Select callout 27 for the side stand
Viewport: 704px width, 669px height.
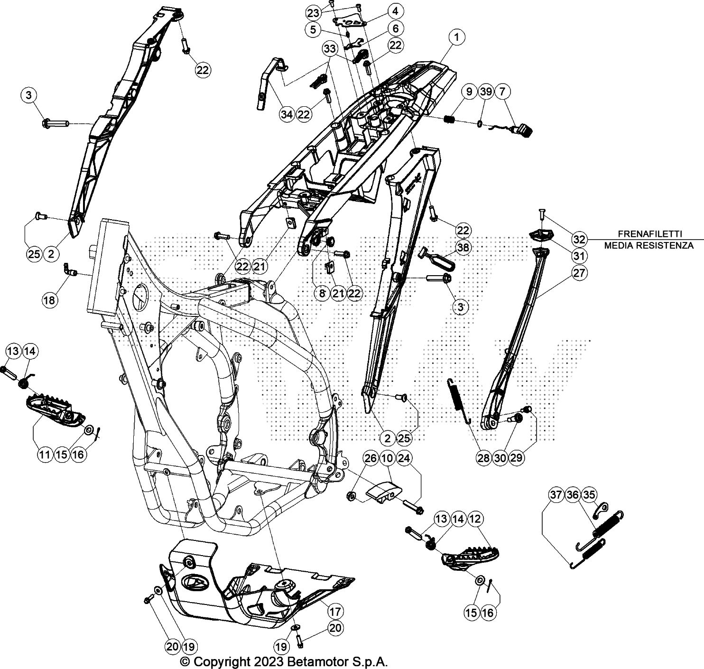(579, 273)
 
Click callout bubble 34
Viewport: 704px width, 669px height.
(286, 114)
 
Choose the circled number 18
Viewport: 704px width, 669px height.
(50, 299)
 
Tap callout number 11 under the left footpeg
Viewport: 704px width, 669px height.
(45, 454)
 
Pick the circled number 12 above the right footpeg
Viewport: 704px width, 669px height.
(475, 519)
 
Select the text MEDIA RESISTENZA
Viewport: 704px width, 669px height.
(648, 245)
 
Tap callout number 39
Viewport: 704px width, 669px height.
(485, 92)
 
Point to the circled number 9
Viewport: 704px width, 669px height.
(469, 92)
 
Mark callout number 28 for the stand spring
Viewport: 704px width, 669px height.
(483, 457)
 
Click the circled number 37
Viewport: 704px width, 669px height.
(556, 495)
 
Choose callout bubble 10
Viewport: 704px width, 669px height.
(387, 458)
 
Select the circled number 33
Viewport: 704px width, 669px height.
(330, 48)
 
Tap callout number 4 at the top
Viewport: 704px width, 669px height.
(395, 10)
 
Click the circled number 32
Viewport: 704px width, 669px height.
(579, 239)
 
